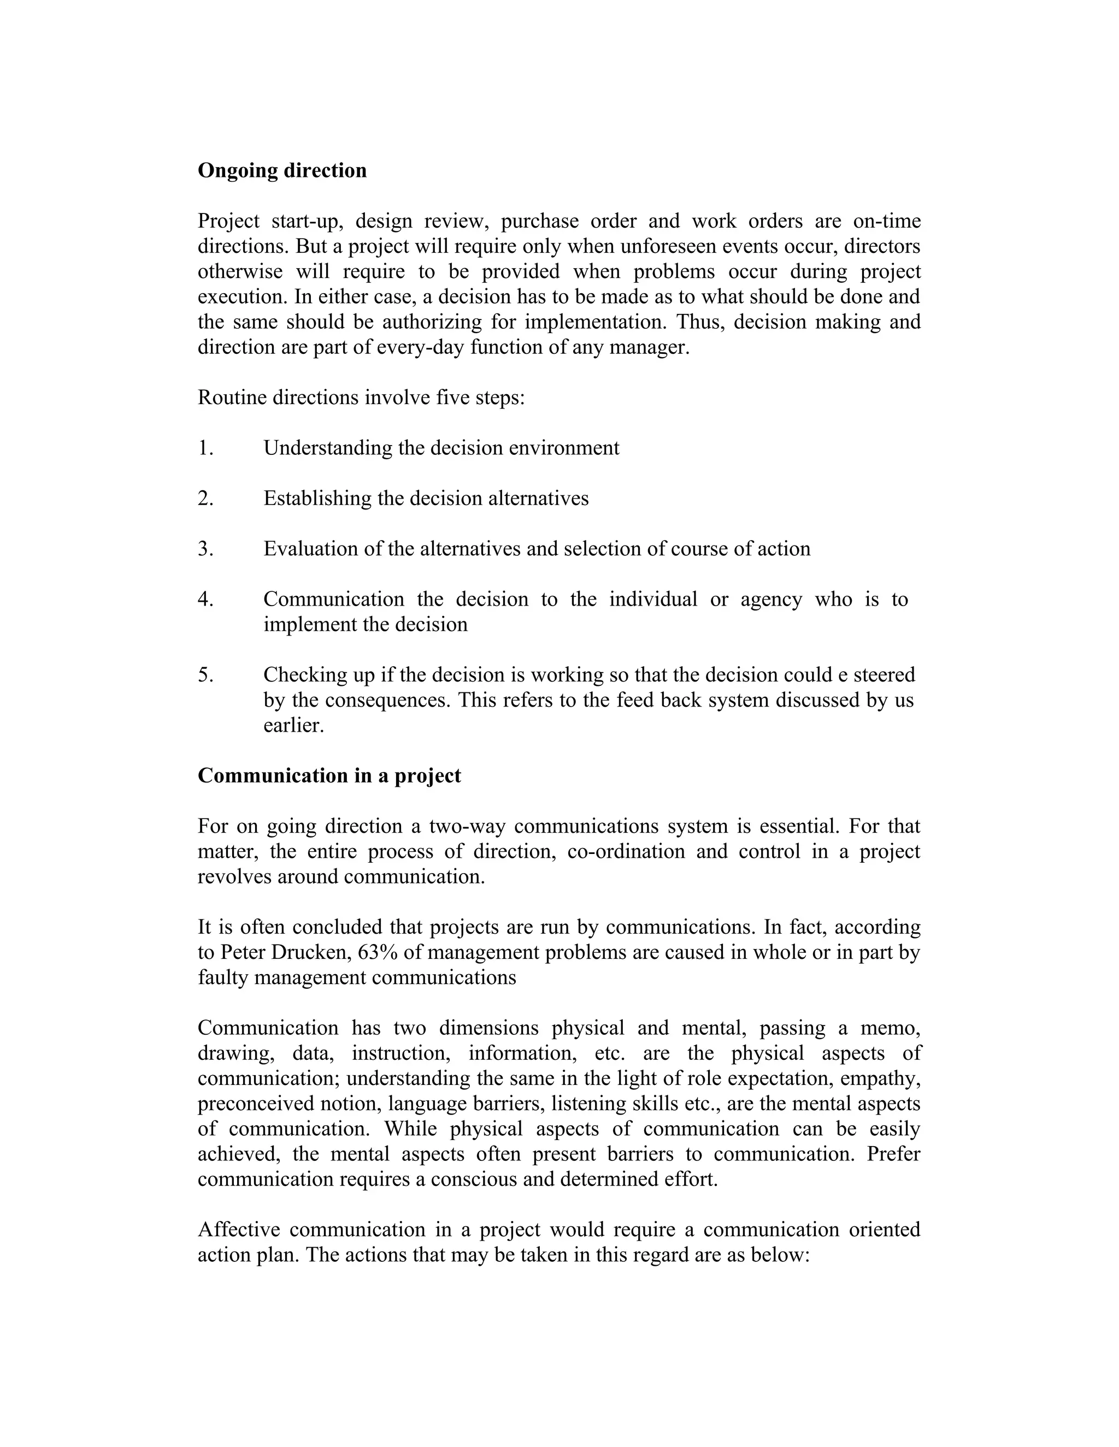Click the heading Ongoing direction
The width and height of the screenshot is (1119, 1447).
point(282,171)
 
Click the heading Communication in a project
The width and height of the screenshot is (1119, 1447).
point(329,776)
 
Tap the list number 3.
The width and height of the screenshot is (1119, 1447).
point(205,549)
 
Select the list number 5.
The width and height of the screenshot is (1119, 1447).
point(205,674)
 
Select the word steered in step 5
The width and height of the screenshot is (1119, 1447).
point(884,674)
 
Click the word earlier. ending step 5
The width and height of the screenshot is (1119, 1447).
point(293,726)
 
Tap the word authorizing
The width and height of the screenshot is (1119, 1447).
point(432,322)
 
